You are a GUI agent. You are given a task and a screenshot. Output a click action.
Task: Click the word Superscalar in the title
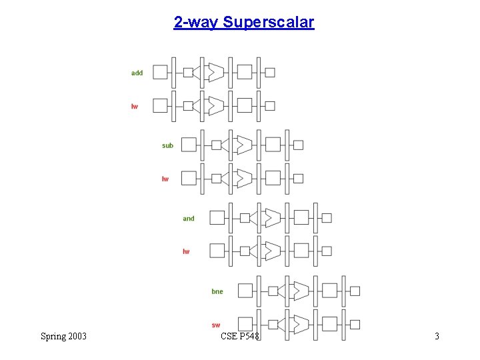coord(269,22)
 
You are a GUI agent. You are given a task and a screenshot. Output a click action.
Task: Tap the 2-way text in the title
coord(197,22)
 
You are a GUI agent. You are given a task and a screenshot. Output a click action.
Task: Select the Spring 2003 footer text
coord(63,336)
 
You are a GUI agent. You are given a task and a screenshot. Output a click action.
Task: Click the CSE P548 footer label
coord(240,336)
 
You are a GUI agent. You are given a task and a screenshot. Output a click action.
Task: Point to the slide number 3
coord(437,336)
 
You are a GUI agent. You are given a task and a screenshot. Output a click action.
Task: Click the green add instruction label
coord(137,73)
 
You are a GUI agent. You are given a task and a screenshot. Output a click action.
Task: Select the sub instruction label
coord(167,145)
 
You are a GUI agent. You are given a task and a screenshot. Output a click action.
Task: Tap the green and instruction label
coord(189,219)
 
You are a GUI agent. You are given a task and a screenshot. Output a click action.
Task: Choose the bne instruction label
coord(217,291)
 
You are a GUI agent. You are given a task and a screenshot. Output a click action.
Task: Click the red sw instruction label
coord(216,325)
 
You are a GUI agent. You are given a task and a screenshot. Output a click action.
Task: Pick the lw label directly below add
coord(135,106)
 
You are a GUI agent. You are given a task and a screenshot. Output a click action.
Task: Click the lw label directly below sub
coord(165,179)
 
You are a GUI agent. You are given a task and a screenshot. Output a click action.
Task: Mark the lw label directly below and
coord(186,251)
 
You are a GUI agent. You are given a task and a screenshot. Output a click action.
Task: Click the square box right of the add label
coord(160,72)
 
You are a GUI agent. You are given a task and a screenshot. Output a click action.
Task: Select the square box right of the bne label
coord(245,291)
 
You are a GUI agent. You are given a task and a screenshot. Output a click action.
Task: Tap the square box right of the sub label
coord(189,145)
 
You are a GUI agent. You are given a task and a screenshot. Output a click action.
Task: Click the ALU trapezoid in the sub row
coord(244,145)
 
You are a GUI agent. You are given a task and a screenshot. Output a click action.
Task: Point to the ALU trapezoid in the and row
coord(272,218)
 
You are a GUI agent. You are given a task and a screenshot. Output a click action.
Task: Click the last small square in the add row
coord(270,72)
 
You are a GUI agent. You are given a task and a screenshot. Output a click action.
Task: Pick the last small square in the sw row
coord(355,324)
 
